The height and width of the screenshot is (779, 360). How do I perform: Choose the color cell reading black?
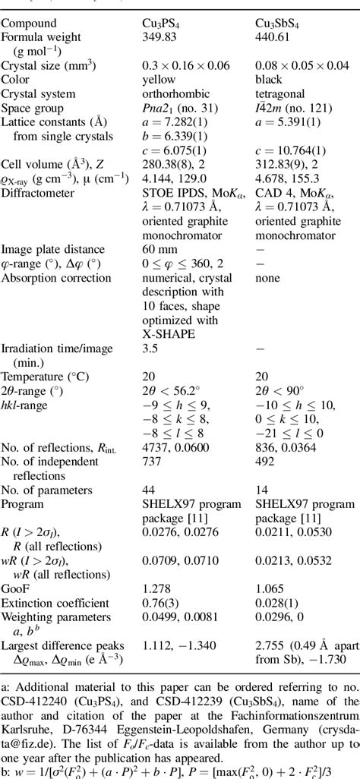tap(268, 79)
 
